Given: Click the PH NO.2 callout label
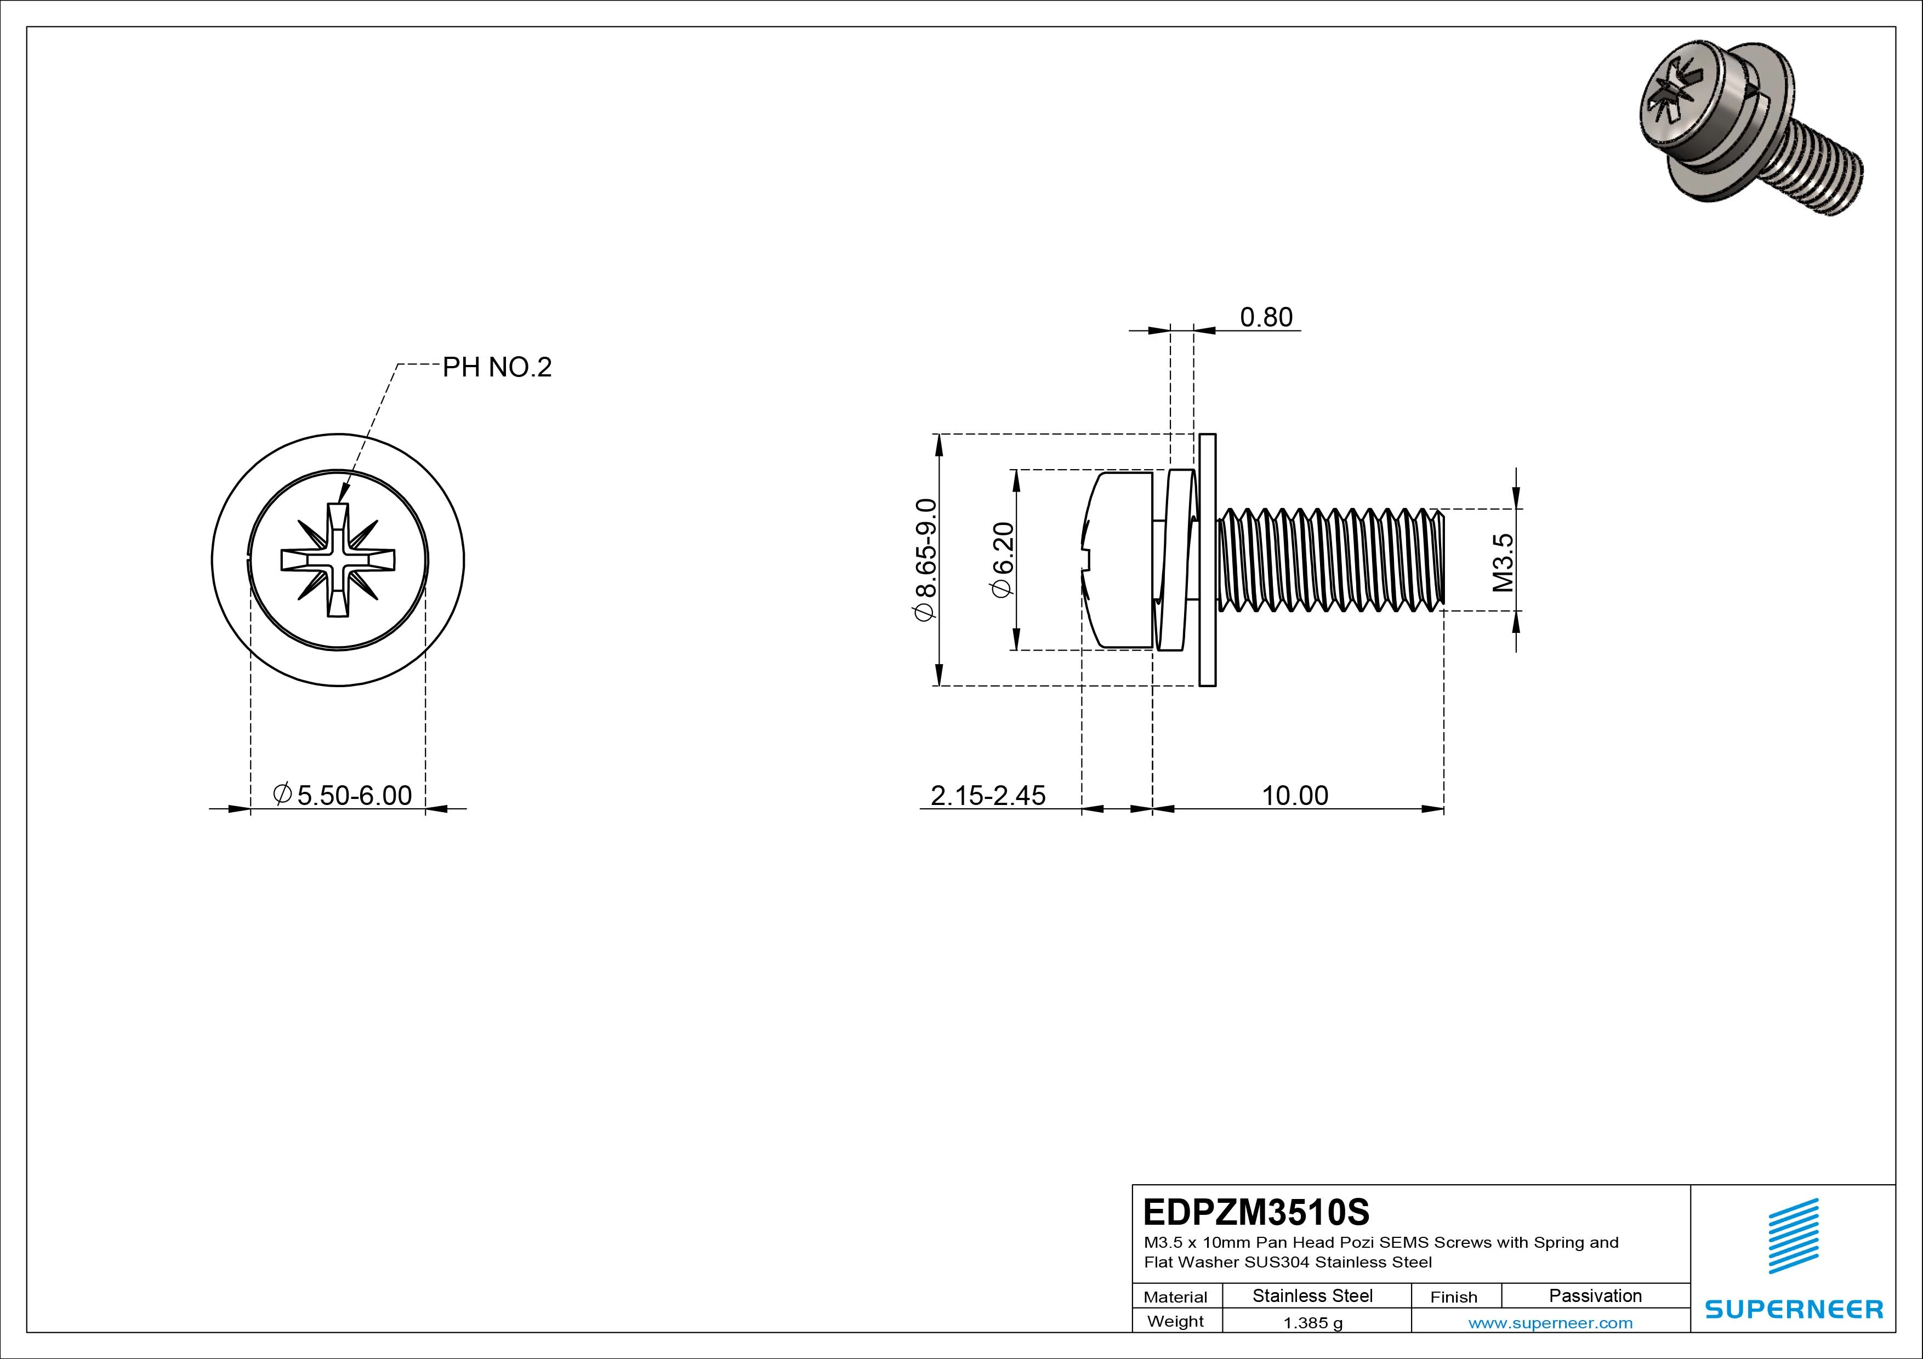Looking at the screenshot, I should tap(497, 368).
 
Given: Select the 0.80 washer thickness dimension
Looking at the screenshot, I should tap(1266, 317).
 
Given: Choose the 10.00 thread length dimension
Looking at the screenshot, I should tap(1295, 796).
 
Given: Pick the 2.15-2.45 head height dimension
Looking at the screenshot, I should tap(987, 796).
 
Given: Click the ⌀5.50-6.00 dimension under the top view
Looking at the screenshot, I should tap(343, 795).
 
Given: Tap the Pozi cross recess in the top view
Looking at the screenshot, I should tap(338, 559).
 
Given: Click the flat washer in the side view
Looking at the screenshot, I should tap(1207, 559).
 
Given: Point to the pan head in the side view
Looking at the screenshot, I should tap(1118, 559).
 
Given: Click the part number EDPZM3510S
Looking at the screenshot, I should tap(1255, 1212).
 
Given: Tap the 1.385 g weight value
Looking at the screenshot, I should tap(1312, 1323).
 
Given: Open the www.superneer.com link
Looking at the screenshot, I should tap(1550, 1323).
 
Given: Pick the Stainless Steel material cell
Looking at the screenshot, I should tap(1312, 1295).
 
